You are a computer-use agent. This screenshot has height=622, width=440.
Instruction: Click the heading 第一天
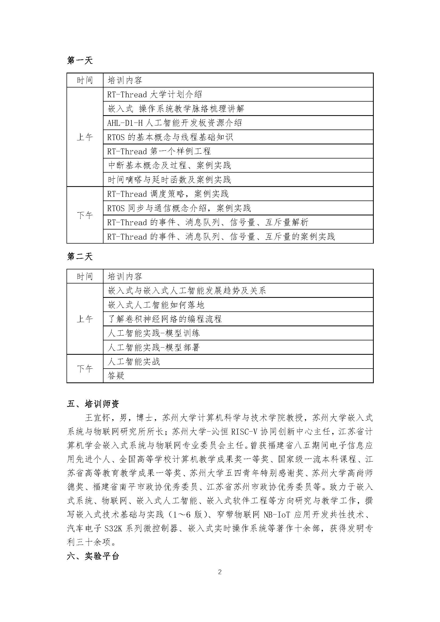(80, 60)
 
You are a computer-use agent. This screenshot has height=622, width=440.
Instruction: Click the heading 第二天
(80, 256)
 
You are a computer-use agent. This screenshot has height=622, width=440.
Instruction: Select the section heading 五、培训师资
(93, 404)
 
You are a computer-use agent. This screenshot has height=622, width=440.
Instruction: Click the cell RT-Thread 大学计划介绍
(155, 95)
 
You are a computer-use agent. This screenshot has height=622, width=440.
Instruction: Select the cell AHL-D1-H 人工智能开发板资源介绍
(175, 123)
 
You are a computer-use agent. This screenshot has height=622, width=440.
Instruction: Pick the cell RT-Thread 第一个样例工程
(159, 151)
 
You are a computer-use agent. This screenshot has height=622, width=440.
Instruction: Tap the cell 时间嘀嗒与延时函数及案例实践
(169, 179)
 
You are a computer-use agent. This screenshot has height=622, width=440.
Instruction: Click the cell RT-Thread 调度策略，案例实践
(168, 194)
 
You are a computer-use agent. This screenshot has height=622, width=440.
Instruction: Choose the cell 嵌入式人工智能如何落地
(156, 305)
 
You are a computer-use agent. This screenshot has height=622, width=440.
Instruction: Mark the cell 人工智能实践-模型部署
(153, 348)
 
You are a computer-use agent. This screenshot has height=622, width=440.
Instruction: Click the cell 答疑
(116, 376)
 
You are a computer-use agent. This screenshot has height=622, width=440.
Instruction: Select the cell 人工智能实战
(134, 362)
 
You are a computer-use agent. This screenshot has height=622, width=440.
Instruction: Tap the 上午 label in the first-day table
(85, 137)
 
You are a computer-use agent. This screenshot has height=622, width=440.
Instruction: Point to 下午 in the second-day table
(85, 368)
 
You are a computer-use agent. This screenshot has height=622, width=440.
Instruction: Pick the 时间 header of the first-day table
(85, 80)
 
